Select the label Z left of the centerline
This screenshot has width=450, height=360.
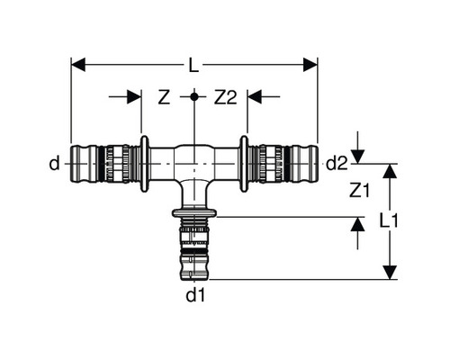(164, 96)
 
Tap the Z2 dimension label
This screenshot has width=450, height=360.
(224, 96)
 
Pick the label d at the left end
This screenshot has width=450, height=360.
(55, 163)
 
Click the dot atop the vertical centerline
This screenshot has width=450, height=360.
(194, 94)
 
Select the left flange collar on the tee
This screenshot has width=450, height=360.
(145, 163)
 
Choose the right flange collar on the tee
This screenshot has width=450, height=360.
(244, 163)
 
